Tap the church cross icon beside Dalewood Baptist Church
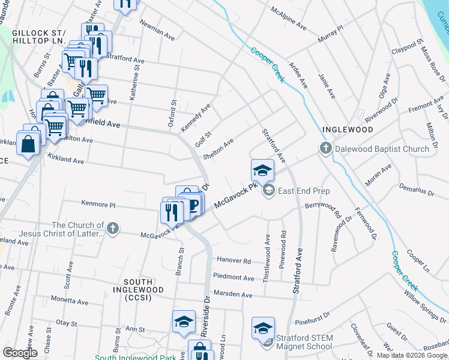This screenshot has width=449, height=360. point(325,148)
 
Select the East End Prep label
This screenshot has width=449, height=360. point(304,191)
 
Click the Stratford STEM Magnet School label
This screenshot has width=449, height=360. point(304,342)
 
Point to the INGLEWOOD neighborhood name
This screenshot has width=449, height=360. point(348,130)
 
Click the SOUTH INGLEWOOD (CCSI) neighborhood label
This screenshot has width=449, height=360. point(143,286)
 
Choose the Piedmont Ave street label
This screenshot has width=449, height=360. point(234,278)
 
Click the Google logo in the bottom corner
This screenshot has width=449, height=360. point(20,353)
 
